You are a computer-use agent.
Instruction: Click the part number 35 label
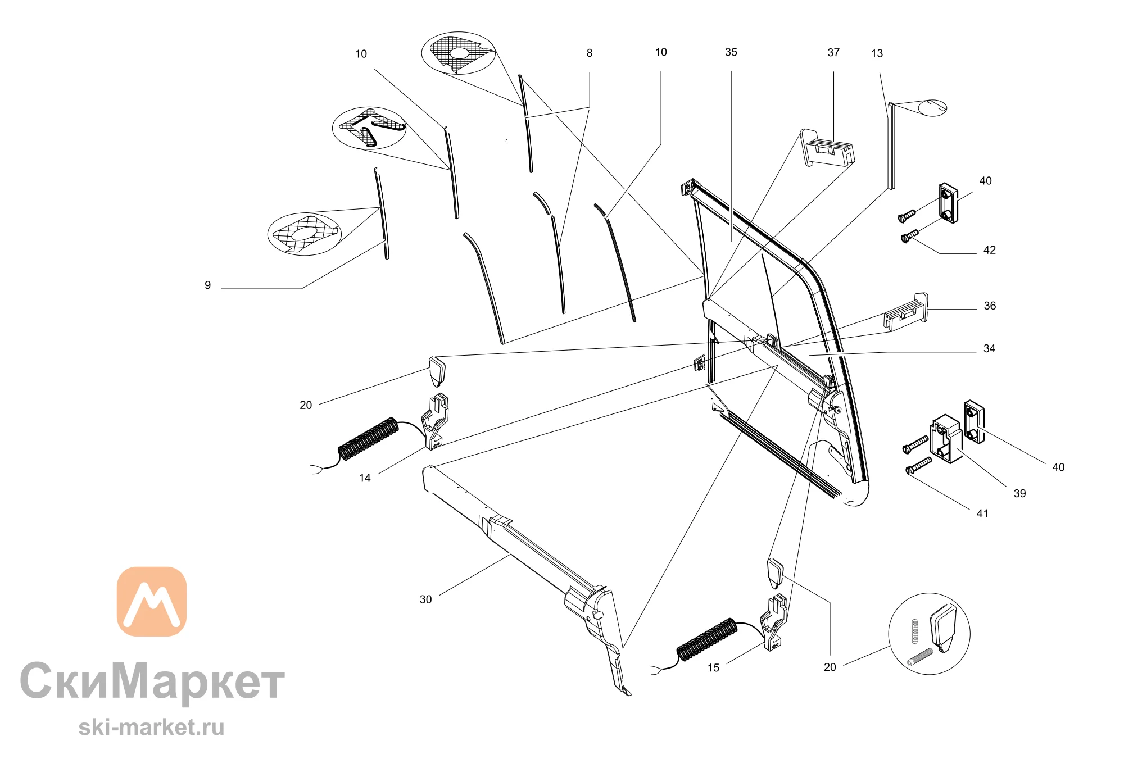pyautogui.click(x=731, y=52)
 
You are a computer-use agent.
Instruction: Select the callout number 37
pyautogui.click(x=833, y=53)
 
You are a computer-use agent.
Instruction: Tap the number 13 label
pyautogui.click(x=877, y=54)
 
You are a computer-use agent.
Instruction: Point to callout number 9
pyautogui.click(x=207, y=285)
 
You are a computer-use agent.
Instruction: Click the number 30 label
pyautogui.click(x=425, y=599)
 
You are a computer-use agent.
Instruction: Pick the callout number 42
pyautogui.click(x=990, y=251)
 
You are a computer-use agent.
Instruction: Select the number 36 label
pyautogui.click(x=990, y=306)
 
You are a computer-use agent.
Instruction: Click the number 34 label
pyautogui.click(x=989, y=349)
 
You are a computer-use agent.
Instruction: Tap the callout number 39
pyautogui.click(x=1019, y=494)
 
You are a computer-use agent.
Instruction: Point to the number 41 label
pyautogui.click(x=982, y=513)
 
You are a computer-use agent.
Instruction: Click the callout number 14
pyautogui.click(x=365, y=478)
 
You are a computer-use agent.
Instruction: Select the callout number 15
pyautogui.click(x=713, y=668)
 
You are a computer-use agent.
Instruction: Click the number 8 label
pyautogui.click(x=589, y=53)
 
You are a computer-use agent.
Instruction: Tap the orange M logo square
pyautogui.click(x=152, y=601)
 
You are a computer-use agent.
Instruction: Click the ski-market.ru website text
pyautogui.click(x=152, y=728)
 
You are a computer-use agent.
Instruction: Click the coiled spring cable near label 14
pyautogui.click(x=368, y=438)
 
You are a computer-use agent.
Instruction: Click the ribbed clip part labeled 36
pyautogui.click(x=907, y=312)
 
